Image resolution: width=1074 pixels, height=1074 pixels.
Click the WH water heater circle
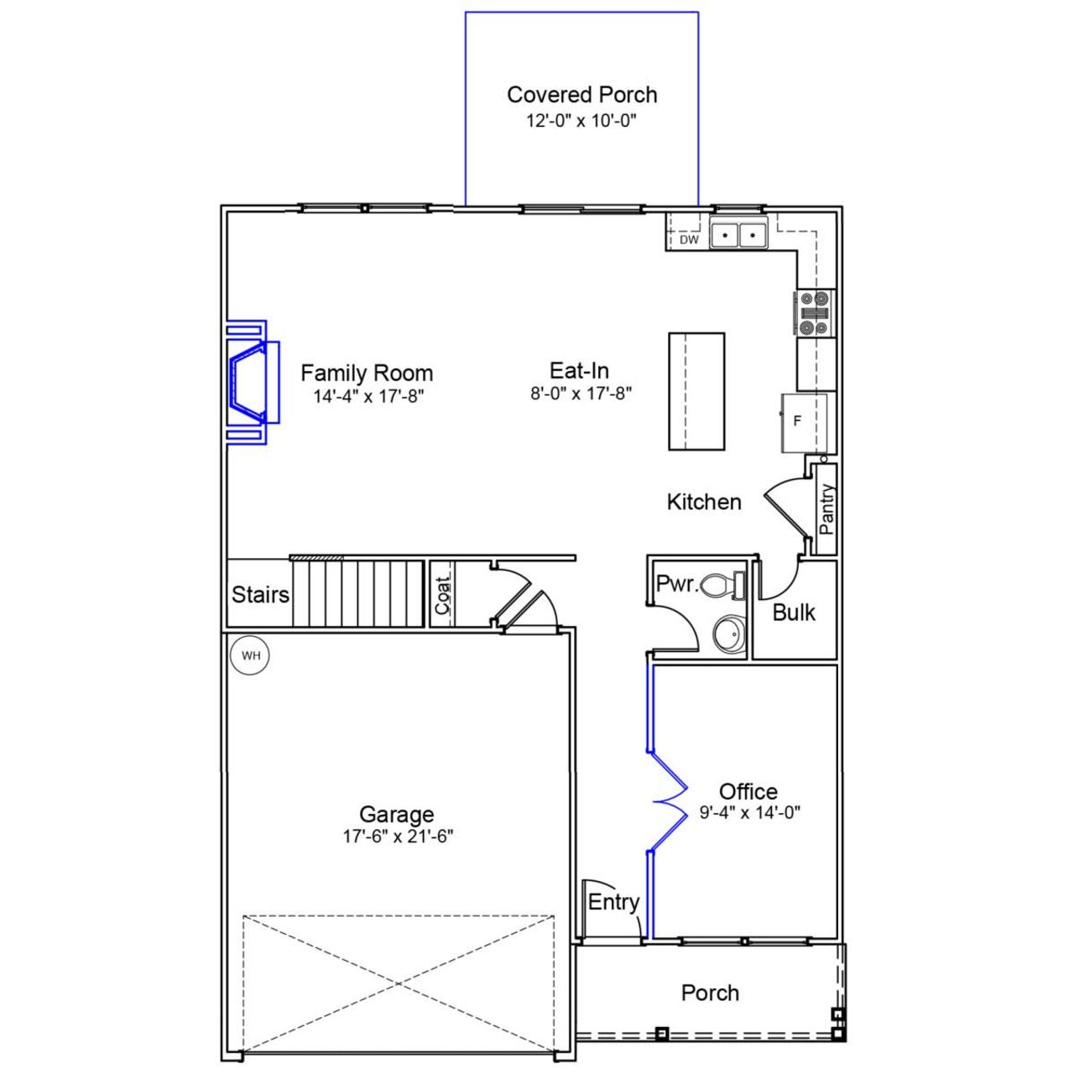[250, 655]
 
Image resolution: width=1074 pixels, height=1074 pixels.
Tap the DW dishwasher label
[689, 240]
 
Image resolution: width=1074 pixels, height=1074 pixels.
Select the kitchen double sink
[738, 233]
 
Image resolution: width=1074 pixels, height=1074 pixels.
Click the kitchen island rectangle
[696, 391]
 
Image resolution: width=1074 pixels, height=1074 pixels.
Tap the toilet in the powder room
[722, 585]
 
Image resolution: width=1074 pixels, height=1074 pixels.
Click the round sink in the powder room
[729, 634]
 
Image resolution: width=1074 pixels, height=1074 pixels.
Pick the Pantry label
[826, 509]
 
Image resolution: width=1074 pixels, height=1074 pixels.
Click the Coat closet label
[443, 594]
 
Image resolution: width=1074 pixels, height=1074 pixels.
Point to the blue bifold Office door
[669, 800]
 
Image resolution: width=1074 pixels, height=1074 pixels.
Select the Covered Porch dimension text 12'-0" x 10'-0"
[581, 120]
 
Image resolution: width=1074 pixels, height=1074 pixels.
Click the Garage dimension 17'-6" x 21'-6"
[397, 836]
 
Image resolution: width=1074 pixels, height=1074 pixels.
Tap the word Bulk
[793, 613]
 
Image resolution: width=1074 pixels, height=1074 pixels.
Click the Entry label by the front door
[613, 902]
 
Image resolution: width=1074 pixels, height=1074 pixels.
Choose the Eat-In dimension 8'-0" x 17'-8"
[580, 393]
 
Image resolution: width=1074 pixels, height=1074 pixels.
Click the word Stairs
[260, 595]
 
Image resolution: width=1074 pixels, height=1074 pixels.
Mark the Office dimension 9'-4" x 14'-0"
[749, 812]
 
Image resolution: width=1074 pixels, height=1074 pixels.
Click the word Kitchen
[704, 502]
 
